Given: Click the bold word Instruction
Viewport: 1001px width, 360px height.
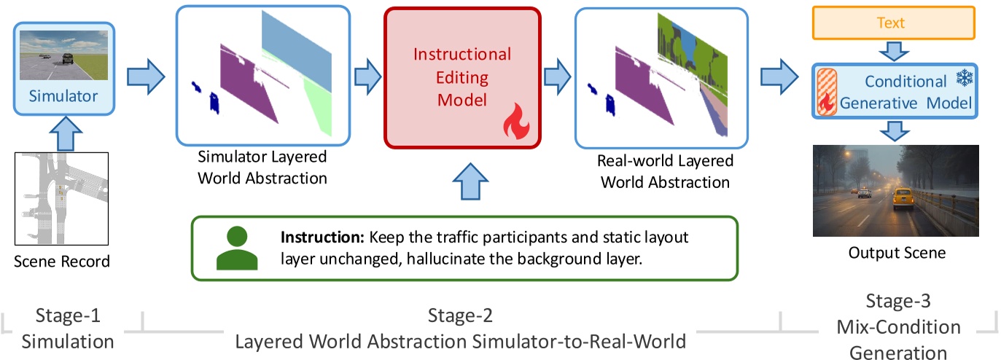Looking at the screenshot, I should (x=323, y=238).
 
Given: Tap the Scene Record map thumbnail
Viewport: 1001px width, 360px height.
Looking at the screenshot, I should (x=62, y=198).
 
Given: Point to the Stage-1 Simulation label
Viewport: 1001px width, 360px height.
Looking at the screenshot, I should (x=68, y=329).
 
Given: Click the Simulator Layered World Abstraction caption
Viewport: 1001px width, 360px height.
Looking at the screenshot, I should (x=262, y=167).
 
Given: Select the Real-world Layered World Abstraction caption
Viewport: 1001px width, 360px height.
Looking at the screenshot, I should (x=665, y=171).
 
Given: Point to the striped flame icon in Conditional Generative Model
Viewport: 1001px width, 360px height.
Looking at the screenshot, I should (x=827, y=93).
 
